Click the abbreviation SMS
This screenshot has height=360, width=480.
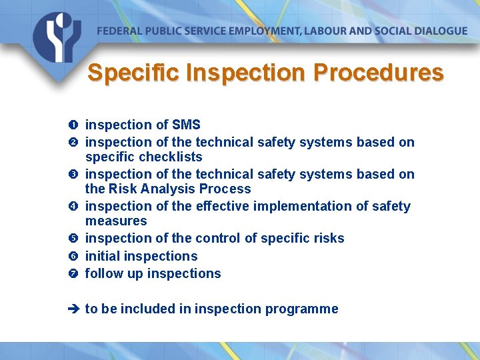(186, 125)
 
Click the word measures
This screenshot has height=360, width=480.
(116, 221)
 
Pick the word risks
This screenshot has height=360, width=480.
(327, 239)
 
